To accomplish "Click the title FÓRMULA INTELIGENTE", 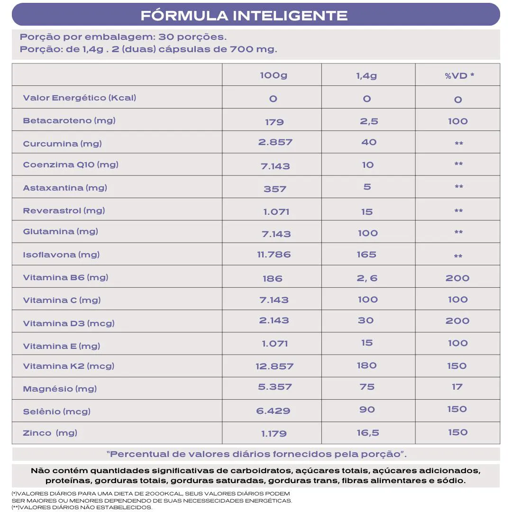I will [244, 15].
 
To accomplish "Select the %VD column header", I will [459, 75].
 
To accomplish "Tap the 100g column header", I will [274, 75].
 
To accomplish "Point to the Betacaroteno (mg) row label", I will [69, 120].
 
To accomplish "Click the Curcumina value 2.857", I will [275, 142].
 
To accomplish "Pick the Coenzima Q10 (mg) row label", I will [71, 165].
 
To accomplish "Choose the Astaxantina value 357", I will [275, 189].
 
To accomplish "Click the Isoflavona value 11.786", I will [274, 255].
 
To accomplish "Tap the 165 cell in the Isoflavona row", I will [366, 255].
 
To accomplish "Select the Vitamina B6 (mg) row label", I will [65, 277].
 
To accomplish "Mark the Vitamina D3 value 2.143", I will [274, 320].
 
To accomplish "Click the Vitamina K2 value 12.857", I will [274, 366].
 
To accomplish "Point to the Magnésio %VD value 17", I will [457, 387].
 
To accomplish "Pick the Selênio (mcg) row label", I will [56, 411].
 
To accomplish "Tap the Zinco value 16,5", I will [367, 433].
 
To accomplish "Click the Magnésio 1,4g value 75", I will [367, 387].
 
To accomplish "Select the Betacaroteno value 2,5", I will [369, 121].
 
